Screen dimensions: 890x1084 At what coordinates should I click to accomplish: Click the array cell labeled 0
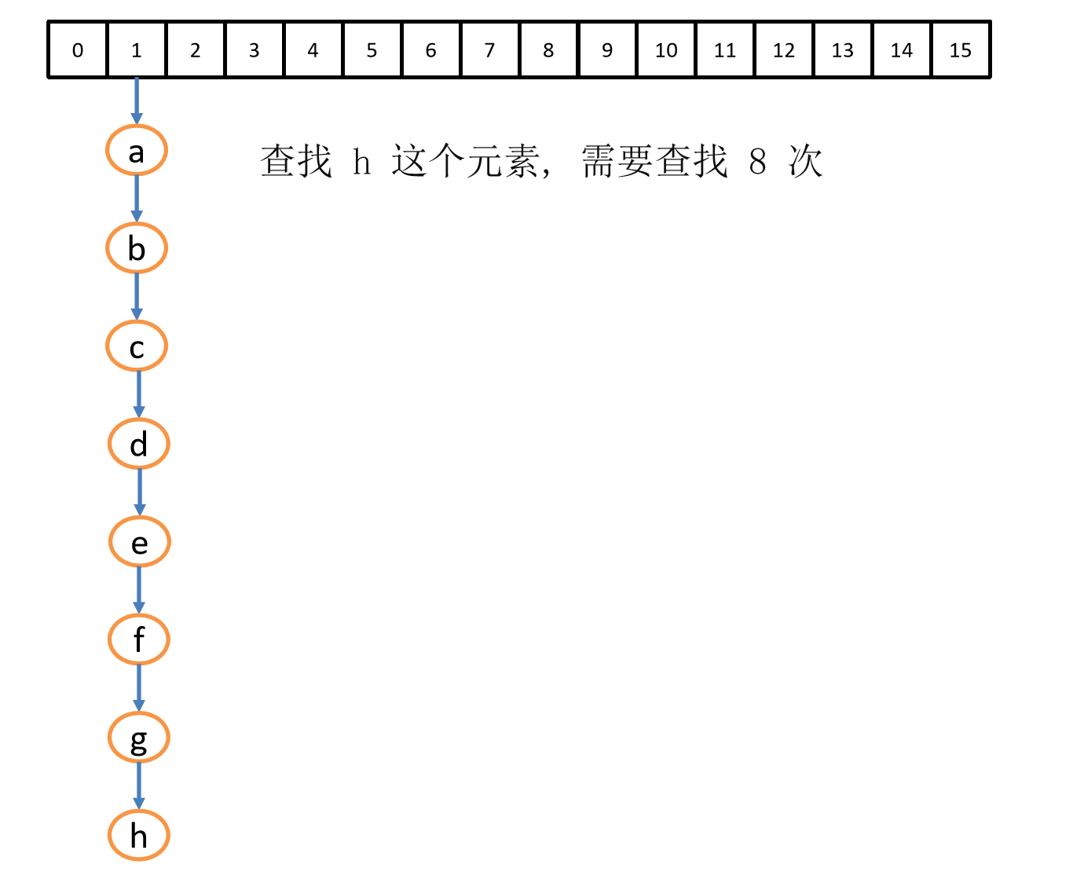(x=77, y=50)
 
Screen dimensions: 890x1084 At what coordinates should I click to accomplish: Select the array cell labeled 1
(x=136, y=50)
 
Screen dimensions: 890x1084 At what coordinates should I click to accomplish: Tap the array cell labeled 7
(x=489, y=50)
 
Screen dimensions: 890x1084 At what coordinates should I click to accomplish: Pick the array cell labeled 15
(x=960, y=50)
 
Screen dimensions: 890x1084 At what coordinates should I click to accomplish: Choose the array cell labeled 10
(x=666, y=50)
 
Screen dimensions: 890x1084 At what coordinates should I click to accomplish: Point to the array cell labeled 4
(x=313, y=50)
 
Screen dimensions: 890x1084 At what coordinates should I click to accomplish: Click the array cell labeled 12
(x=783, y=50)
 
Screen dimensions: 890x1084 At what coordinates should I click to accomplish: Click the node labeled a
(x=137, y=150)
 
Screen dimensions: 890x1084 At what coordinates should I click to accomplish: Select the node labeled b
(x=137, y=248)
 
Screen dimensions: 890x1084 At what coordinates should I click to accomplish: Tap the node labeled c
(x=137, y=346)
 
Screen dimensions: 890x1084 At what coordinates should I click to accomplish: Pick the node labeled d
(x=139, y=444)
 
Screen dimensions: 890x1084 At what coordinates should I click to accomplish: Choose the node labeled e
(x=139, y=542)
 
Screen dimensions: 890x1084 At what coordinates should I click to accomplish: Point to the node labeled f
(x=139, y=639)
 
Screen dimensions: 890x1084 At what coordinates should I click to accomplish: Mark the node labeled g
(x=139, y=738)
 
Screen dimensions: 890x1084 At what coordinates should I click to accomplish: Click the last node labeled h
(x=139, y=836)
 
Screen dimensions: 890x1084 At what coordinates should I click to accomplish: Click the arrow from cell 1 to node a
(x=137, y=101)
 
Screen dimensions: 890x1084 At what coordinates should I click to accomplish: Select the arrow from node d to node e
(x=140, y=493)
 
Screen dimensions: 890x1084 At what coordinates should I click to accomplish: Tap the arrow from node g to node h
(x=139, y=786)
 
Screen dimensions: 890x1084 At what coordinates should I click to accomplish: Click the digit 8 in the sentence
(x=757, y=162)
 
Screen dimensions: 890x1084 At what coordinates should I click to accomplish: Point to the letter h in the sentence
(x=361, y=162)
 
